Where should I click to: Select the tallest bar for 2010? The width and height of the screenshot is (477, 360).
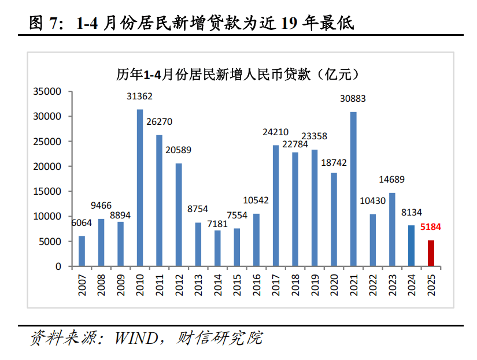coord(139,188)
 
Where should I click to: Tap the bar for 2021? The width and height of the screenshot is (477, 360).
coord(353,189)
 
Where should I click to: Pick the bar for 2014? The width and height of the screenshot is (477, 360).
coord(217,248)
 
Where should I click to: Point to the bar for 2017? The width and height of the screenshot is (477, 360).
coord(276,206)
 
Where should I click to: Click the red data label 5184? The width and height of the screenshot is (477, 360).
coord(431,227)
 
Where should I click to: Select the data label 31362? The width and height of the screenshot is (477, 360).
coord(139,96)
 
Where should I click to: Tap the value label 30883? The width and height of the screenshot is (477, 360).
coord(353,99)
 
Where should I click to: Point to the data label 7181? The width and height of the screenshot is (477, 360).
coord(217,224)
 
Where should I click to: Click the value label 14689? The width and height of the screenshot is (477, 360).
coord(392,180)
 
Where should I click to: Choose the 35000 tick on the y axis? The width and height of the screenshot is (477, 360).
coord(47,91)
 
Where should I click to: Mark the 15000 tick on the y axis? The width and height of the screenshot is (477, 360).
coord(47,191)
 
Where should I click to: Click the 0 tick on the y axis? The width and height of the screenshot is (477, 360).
coord(58,266)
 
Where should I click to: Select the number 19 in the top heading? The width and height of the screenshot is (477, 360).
coord(290,23)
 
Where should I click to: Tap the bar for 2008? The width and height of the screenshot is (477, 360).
coord(101,243)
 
